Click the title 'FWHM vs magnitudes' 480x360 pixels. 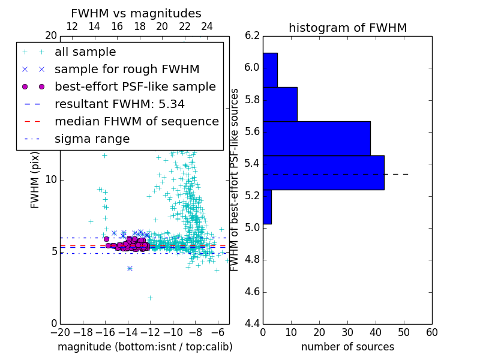(136, 14)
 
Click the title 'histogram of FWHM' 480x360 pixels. (347, 28)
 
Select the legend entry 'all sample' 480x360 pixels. (85, 52)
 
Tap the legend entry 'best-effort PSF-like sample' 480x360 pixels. (135, 86)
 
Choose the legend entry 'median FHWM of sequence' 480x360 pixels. (136, 121)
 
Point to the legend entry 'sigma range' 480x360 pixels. (92, 139)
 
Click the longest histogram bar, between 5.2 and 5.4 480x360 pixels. (323, 173)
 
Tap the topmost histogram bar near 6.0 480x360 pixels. (270, 70)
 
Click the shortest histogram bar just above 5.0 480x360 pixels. (267, 207)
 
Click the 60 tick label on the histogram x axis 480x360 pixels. (431, 332)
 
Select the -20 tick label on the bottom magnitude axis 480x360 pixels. (60, 332)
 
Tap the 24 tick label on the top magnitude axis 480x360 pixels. (207, 27)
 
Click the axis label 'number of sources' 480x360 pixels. (347, 347)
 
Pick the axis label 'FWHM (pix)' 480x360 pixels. (35, 179)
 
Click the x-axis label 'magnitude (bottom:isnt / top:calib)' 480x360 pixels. (145, 347)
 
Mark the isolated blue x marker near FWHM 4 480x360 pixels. (130, 268)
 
